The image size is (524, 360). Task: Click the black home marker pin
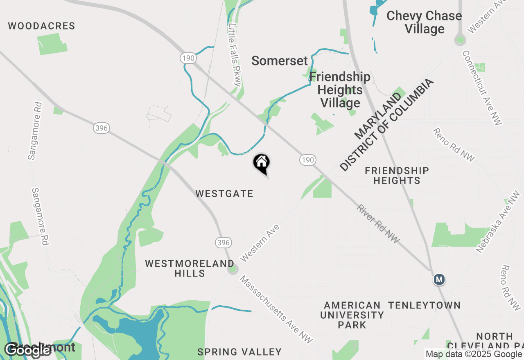[261, 163]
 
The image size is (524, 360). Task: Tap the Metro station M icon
[439, 280]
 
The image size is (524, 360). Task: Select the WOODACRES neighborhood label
[41, 26]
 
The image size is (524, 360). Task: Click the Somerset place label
[280, 61]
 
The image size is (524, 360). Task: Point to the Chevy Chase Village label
[424, 22]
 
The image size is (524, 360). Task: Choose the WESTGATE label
[224, 193]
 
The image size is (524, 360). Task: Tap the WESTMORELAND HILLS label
[190, 268]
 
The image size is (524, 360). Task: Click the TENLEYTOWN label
[424, 305]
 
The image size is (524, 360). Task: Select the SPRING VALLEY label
[239, 352]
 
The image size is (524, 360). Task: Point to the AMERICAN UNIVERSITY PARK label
[352, 315]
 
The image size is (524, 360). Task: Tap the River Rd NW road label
[378, 224]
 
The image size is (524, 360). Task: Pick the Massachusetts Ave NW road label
[276, 310]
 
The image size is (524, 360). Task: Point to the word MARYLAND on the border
[378, 116]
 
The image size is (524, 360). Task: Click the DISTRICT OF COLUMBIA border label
[386, 125]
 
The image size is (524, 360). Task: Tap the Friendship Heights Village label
[340, 90]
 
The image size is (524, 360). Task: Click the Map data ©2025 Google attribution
[474, 354]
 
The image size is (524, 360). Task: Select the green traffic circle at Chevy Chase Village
[460, 40]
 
